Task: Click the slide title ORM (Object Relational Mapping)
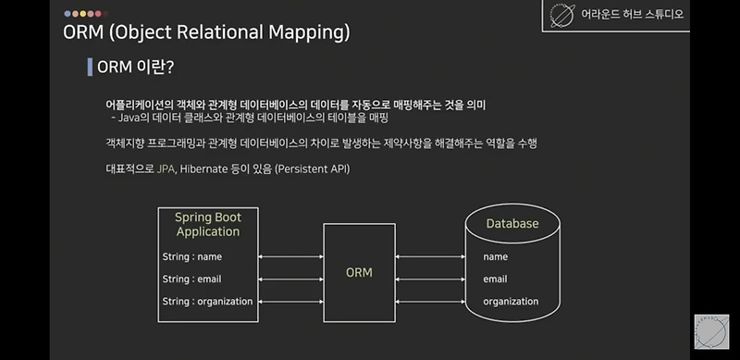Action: pyautogui.click(x=206, y=33)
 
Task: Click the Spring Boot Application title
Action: pyautogui.click(x=208, y=224)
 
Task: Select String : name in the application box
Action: pyautogui.click(x=192, y=256)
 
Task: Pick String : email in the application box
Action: pyautogui.click(x=192, y=279)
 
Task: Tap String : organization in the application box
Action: pyautogui.click(x=207, y=301)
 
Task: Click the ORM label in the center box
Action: pyautogui.click(x=359, y=272)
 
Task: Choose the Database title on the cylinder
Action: pyautogui.click(x=512, y=224)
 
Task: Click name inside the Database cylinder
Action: pyautogui.click(x=496, y=256)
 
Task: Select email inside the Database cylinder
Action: pyautogui.click(x=496, y=279)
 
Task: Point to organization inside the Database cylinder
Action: pyautogui.click(x=511, y=301)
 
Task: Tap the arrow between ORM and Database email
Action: pyautogui.click(x=429, y=279)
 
